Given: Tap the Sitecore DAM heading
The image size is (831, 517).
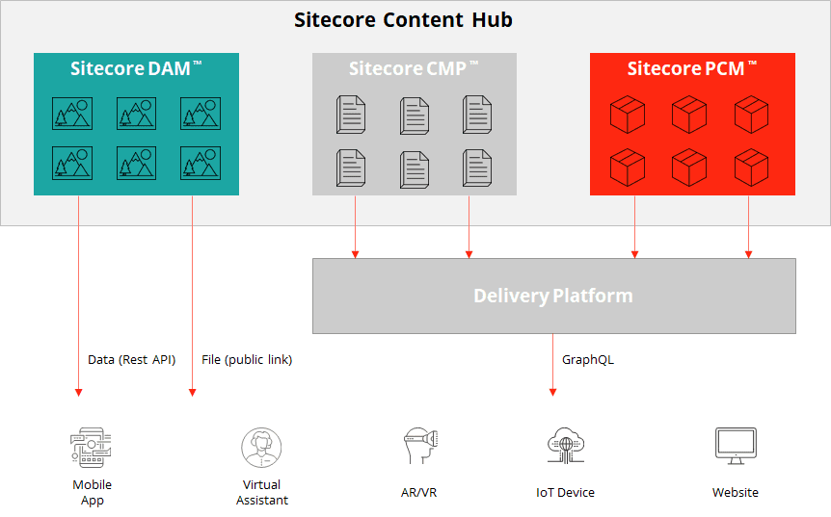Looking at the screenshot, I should pos(136,68).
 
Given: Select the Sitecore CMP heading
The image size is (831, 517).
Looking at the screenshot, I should pos(414,68).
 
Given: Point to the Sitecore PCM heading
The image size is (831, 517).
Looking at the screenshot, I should pos(691,68).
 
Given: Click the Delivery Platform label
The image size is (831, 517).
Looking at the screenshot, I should pos(553,296).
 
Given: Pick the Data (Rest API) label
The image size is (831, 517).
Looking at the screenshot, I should pos(132,360).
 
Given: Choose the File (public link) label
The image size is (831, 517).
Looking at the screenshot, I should pos(247,360).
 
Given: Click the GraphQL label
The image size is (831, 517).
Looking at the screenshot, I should pos(588,360).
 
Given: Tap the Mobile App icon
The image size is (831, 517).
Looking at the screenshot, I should pos(92,449).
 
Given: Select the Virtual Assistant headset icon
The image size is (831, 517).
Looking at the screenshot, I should pos(261,448).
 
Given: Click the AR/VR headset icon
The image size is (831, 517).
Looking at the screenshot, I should pos(418,448).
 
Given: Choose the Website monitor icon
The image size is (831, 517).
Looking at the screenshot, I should pos(735,446).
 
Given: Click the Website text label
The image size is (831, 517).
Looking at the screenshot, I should pos(736,493).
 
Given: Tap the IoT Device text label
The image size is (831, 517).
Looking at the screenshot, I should pos(566,493).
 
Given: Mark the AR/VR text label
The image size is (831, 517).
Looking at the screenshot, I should pos(419,493).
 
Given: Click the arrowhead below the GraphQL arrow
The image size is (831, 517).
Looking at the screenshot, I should pos(553,392).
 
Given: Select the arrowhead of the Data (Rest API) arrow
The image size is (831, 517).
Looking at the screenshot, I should pos(78,392).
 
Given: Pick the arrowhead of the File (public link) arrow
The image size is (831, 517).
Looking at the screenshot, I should pos(193,392).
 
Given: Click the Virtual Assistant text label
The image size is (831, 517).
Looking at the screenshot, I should pos(262,492).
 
